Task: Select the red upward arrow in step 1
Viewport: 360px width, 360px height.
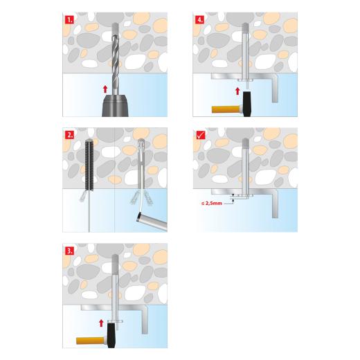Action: click(104, 89)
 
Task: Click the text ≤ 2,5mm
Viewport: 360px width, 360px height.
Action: click(213, 203)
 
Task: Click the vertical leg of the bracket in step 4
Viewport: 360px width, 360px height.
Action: click(276, 87)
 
